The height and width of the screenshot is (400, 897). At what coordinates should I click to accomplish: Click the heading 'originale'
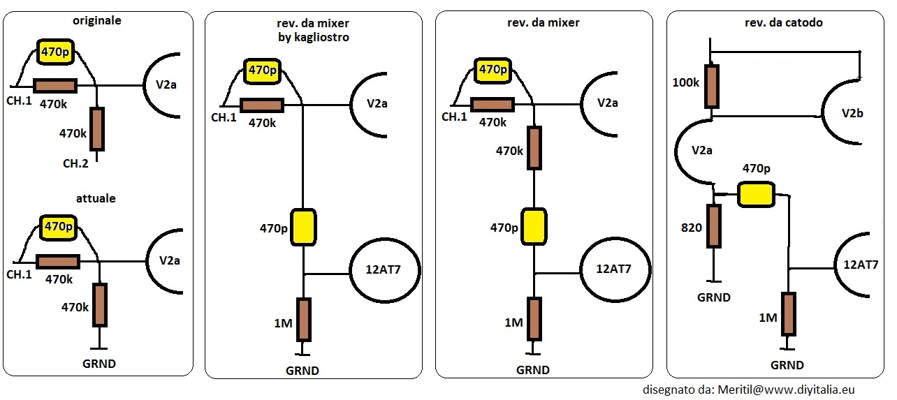tap(97, 21)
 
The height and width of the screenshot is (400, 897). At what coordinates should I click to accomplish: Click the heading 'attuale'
tap(97, 198)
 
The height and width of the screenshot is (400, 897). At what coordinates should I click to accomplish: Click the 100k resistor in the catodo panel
tap(712, 86)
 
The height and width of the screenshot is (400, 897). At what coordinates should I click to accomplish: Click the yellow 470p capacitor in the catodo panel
tap(757, 194)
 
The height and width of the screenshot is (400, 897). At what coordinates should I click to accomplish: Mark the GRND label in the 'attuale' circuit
tap(99, 364)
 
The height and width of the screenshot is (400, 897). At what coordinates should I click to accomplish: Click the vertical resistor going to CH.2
tap(97, 128)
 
